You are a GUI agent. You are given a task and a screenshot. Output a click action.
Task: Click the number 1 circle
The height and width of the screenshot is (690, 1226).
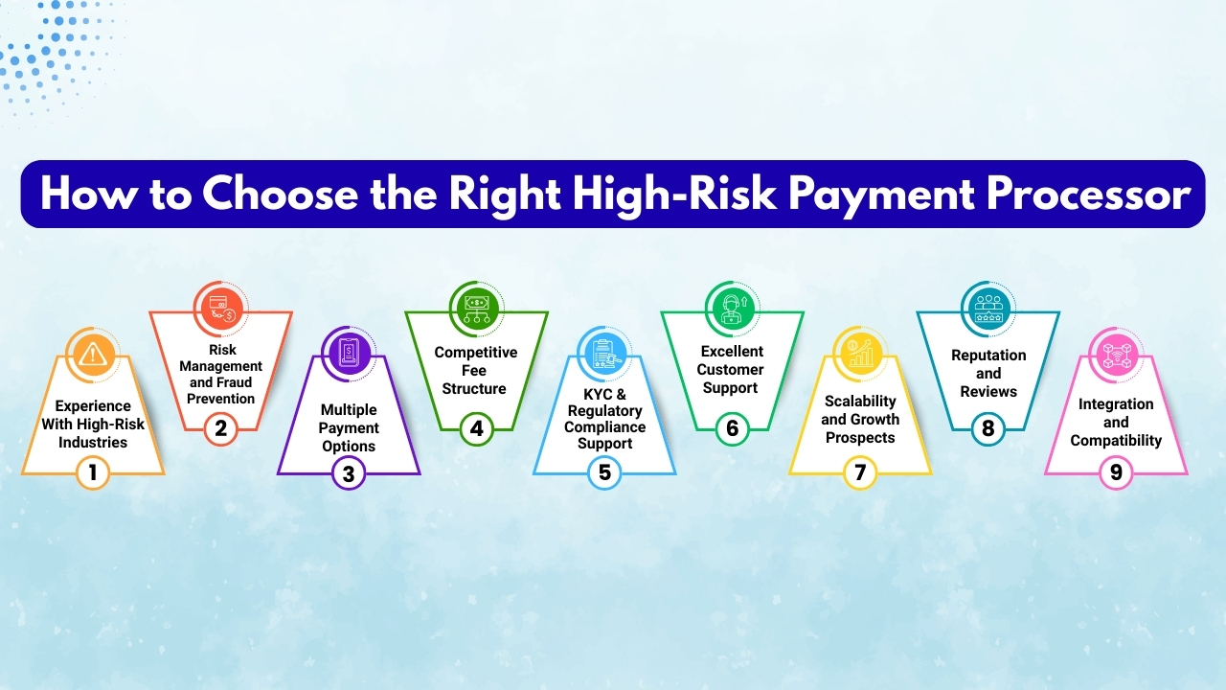pos(93,472)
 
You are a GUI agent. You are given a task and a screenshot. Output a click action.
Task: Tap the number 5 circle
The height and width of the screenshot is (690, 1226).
pos(604,472)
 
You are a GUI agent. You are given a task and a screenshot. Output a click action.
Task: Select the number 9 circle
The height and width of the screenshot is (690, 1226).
pos(1116,472)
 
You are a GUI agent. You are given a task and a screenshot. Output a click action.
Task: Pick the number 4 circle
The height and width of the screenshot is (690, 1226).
pos(476,428)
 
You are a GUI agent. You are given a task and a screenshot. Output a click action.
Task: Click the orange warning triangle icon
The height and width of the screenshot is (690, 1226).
pos(93,355)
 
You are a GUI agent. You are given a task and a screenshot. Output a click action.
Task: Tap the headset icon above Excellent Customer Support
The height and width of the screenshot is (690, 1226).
pos(732,309)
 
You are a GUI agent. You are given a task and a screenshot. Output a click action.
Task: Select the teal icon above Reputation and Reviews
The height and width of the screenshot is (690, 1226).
pos(988,309)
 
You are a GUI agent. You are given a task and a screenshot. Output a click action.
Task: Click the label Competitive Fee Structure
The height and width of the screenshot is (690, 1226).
pos(476,370)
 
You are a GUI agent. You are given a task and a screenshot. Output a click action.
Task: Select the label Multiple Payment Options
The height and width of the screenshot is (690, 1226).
pos(349,428)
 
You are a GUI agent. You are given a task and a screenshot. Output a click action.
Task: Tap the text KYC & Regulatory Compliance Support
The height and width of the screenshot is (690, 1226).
pos(604,420)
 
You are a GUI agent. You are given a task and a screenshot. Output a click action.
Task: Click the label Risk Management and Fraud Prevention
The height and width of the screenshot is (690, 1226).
pos(221,374)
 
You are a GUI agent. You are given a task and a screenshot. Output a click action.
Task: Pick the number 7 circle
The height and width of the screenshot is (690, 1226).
pos(860,472)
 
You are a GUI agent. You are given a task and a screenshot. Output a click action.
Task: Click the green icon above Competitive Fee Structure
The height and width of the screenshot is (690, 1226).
pos(476,309)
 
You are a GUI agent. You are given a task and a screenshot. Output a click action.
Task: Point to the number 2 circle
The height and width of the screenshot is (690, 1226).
pos(221,428)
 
